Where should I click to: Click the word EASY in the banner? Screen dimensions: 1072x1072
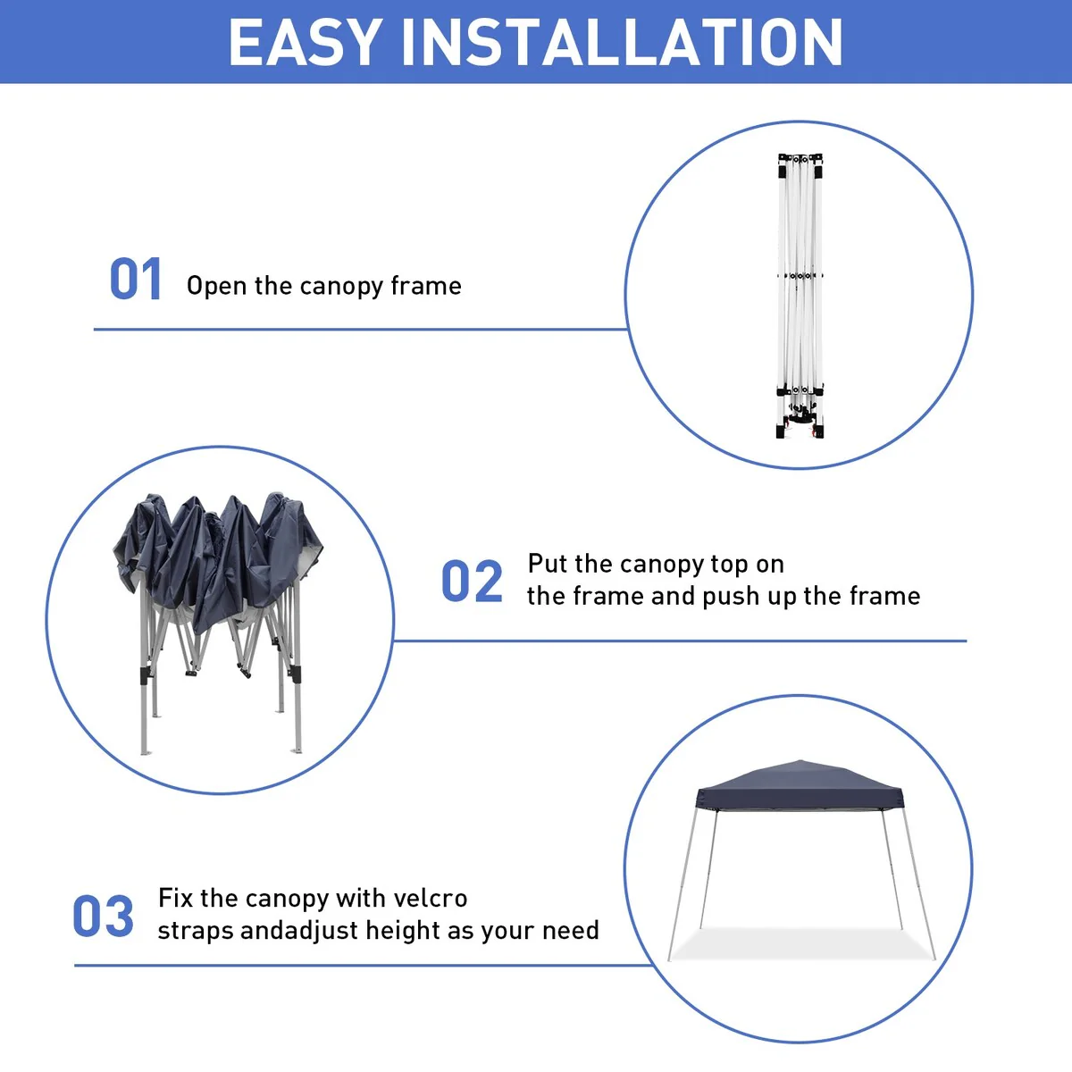coord(305,42)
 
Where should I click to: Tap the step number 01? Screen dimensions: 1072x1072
coord(136,280)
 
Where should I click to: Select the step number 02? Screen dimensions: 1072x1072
coord(472,582)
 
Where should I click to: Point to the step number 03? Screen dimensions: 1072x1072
coord(103,916)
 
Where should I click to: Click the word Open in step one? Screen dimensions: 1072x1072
coord(216,287)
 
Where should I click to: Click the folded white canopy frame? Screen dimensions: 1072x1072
coord(800,296)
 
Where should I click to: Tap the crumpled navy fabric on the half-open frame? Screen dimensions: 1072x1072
coord(217,557)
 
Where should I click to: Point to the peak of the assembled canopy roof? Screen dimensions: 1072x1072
coord(800,760)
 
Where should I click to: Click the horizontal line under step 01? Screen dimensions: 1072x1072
coord(361,330)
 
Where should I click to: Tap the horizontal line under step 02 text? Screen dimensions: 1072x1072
coord(680,641)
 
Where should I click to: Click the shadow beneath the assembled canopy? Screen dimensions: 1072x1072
coord(801,944)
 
